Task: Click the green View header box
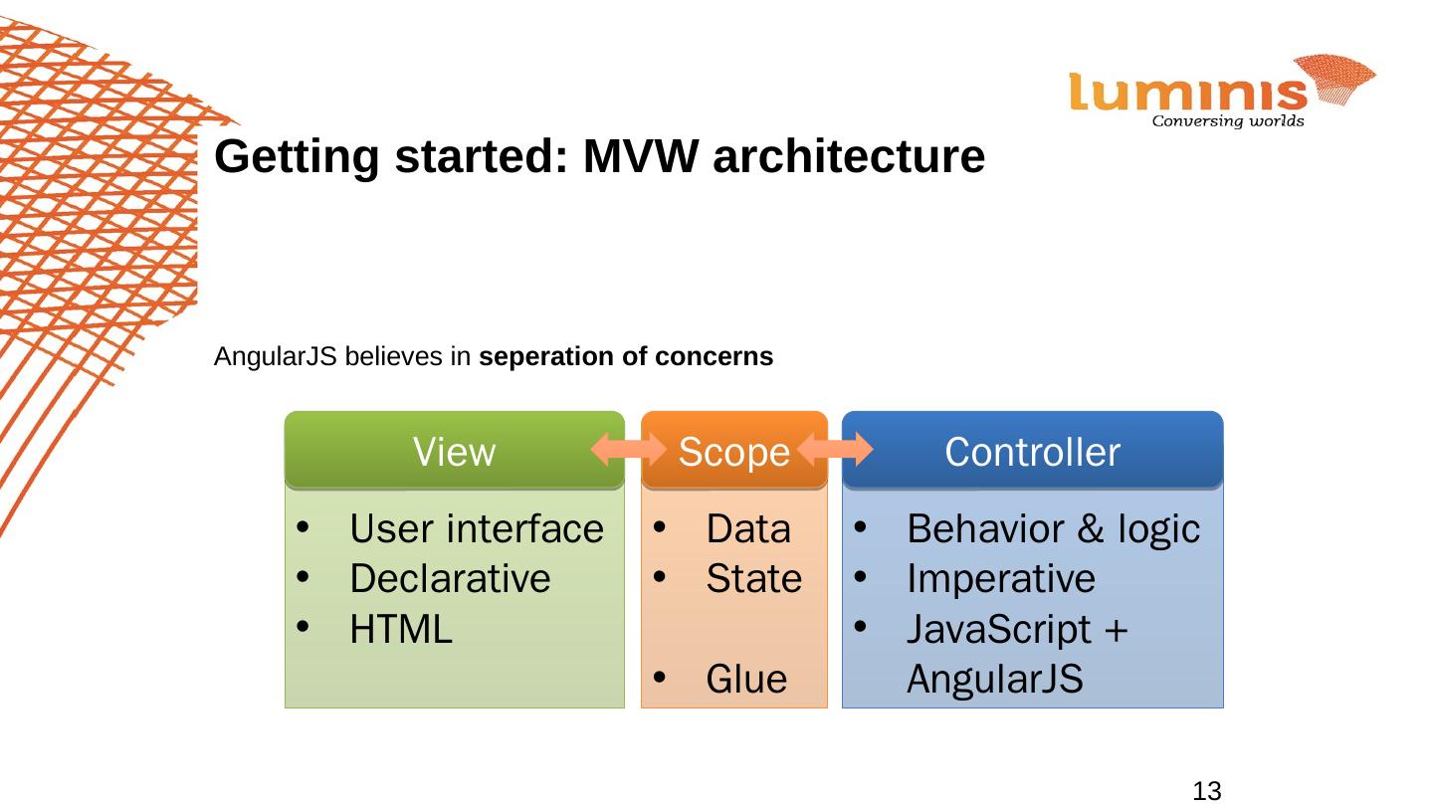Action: point(454,452)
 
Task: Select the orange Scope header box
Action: point(734,452)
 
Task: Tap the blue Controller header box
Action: point(1032,452)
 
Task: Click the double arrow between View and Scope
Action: point(627,451)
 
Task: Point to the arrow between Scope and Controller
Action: point(835,451)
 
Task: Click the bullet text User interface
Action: point(476,529)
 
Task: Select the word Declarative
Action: point(450,578)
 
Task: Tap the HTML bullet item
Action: point(401,629)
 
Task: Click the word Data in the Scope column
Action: point(747,529)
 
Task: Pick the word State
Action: point(753,578)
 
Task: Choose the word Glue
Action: point(745,680)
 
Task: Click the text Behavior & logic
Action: point(1053,529)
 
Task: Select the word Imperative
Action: point(1000,578)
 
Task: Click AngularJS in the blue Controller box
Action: point(993,680)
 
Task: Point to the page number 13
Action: point(1206,792)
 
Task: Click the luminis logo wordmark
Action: point(1188,93)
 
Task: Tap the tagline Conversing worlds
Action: point(1227,122)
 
